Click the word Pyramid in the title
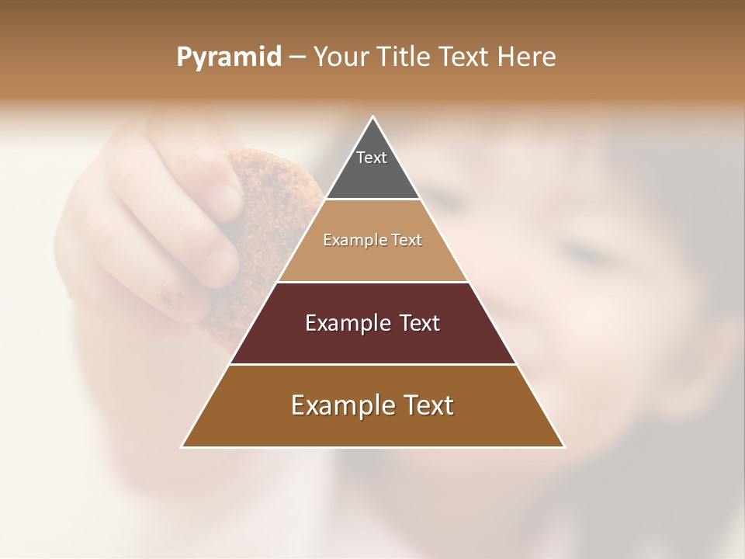click(228, 57)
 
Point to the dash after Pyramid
click(297, 57)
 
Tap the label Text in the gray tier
click(372, 158)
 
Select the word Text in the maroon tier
click(420, 323)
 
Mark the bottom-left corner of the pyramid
click(182, 446)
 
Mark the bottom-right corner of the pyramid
click(563, 446)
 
